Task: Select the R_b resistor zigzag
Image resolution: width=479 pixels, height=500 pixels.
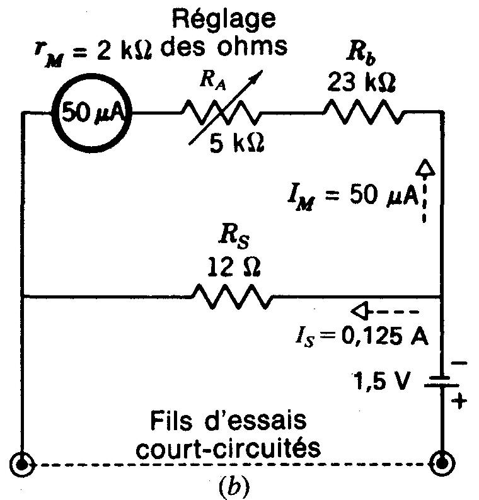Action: point(362,113)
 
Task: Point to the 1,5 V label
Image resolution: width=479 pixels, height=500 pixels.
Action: point(384,380)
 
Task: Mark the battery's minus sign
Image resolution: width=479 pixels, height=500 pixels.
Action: point(458,363)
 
